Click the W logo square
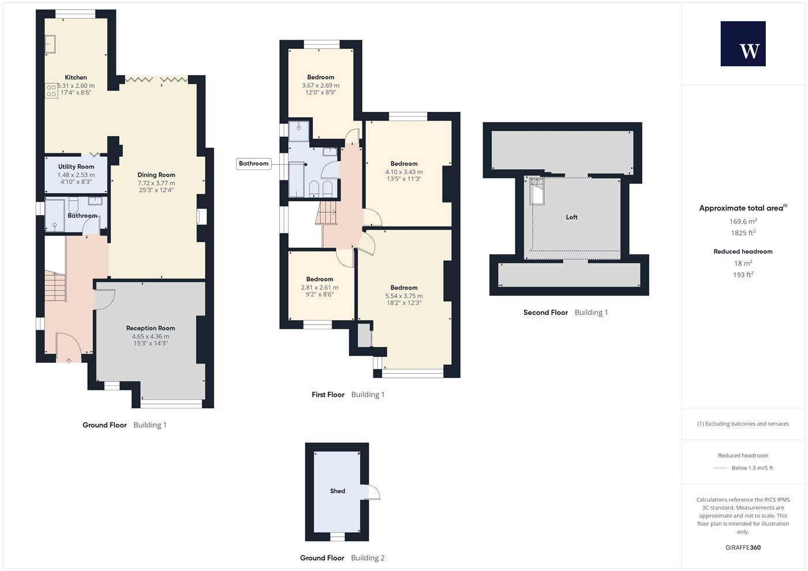(x=743, y=44)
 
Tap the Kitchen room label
(x=76, y=77)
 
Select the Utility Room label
(x=76, y=167)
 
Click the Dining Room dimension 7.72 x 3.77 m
(x=156, y=183)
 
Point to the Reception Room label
(x=151, y=328)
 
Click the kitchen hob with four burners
(x=51, y=91)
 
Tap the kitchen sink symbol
(x=50, y=44)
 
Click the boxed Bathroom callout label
(x=253, y=164)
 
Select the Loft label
(x=572, y=217)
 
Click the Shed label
(x=338, y=491)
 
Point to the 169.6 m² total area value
(x=743, y=221)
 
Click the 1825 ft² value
(x=743, y=233)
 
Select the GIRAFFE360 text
(x=743, y=547)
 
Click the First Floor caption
(x=328, y=395)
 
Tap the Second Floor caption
(x=545, y=312)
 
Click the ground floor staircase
(x=55, y=287)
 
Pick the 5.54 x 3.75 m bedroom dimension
(x=404, y=296)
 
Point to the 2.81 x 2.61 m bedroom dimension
(x=320, y=287)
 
